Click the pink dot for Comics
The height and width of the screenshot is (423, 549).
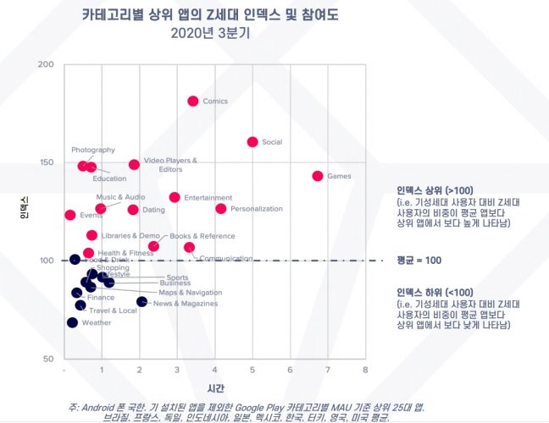pyautogui.click(x=192, y=102)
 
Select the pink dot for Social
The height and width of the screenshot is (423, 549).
pyautogui.click(x=252, y=142)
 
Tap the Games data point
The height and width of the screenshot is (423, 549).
pyautogui.click(x=318, y=176)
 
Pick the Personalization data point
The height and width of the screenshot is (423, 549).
pyautogui.click(x=221, y=209)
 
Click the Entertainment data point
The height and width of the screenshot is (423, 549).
pyautogui.click(x=175, y=197)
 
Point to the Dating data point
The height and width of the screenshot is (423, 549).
pyautogui.click(x=133, y=210)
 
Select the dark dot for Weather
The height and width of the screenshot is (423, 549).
pyautogui.click(x=72, y=322)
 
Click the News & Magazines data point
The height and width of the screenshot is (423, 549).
pyautogui.click(x=141, y=302)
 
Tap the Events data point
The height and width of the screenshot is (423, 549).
pyautogui.click(x=69, y=215)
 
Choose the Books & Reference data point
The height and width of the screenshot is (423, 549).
pyautogui.click(x=153, y=246)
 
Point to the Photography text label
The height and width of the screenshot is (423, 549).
pyautogui.click(x=93, y=150)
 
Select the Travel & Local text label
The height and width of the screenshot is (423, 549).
pyautogui.click(x=113, y=310)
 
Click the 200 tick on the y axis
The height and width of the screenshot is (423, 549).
pyautogui.click(x=47, y=65)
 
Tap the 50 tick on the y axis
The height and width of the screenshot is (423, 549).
pyautogui.click(x=49, y=359)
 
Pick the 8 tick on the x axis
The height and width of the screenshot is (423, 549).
pyautogui.click(x=365, y=371)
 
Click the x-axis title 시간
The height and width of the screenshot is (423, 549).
pyautogui.click(x=215, y=387)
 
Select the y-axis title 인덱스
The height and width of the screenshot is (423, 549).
pyautogui.click(x=25, y=208)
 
